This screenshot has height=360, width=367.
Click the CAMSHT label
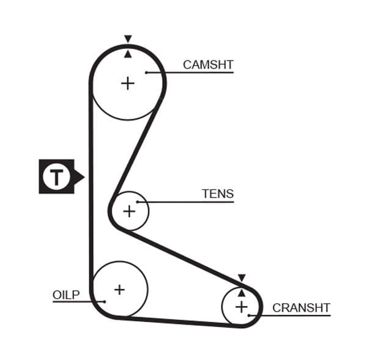coord(208,65)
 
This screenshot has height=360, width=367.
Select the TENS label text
coord(218,194)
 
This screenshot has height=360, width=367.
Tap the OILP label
coord(66,295)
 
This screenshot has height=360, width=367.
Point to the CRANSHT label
coord(301,307)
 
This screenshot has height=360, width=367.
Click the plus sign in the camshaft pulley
coord(127,83)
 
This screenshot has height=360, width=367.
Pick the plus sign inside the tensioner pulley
coord(129,211)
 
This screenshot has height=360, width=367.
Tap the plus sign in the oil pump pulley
coord(119,289)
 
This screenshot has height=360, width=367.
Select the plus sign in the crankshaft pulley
coord(242,306)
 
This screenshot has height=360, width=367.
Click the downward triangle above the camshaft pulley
coord(127,39)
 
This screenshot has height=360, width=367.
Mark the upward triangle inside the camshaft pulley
coord(127,54)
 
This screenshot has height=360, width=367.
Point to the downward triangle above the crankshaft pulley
coord(242,277)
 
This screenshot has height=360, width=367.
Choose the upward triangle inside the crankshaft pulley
coord(242,293)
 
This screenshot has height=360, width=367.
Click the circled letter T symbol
coord(56,177)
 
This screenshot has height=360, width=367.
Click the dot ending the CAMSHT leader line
coord(147,73)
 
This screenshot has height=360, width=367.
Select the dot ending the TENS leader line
coord(138,202)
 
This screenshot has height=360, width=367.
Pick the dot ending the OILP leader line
coord(105,301)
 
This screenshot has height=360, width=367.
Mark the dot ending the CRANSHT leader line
coord(250,315)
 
